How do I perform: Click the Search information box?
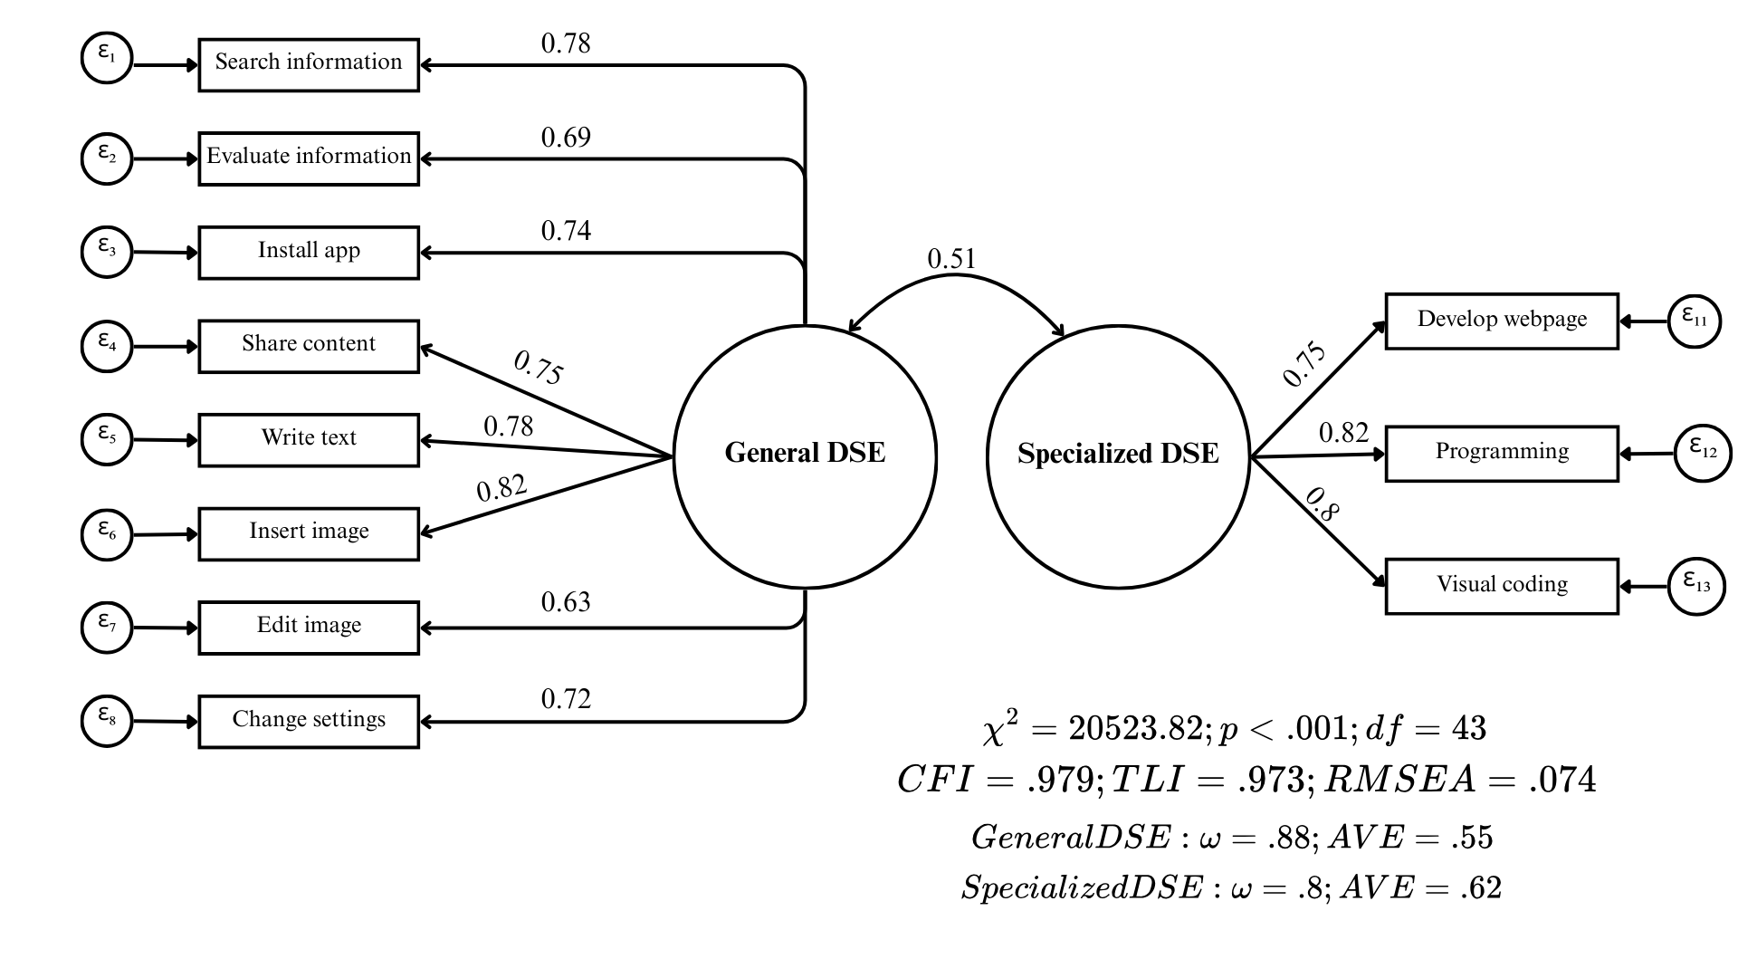pos(309,64)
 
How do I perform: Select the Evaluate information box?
pos(309,158)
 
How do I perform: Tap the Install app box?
pos(309,252)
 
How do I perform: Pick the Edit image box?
pos(309,627)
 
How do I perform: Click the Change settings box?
pos(309,721)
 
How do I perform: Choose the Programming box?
pos(1502,453)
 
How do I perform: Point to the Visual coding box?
pos(1502,586)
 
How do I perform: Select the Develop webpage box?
pos(1502,321)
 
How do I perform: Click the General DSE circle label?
pos(805,453)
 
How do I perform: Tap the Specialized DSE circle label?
pos(1118,454)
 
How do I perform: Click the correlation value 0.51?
pos(951,260)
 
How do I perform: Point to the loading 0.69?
pos(566,138)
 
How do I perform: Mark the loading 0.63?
pos(566,602)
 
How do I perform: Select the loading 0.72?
pos(566,699)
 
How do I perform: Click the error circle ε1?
pos(107,58)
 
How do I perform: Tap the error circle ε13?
pos(1696,586)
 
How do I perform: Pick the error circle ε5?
pos(107,438)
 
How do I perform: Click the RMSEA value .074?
pos(1562,780)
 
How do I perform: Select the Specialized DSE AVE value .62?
pos(1481,887)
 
